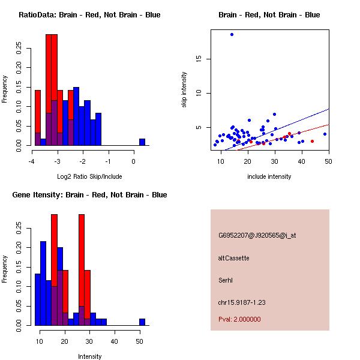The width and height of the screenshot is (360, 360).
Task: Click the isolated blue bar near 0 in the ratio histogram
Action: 142,142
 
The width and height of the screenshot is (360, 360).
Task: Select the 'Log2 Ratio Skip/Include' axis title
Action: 90,177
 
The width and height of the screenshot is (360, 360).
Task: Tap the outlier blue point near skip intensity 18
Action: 232,34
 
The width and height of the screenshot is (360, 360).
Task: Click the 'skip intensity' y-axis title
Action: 184,90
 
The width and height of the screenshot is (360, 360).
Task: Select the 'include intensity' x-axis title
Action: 269,177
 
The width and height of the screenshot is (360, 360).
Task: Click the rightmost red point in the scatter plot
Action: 312,142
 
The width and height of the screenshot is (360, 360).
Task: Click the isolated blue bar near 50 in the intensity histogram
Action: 142,322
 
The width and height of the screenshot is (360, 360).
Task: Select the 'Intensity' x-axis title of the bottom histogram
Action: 90,357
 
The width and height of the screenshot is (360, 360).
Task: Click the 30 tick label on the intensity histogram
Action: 89,341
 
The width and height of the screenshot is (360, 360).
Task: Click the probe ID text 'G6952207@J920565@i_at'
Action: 257,235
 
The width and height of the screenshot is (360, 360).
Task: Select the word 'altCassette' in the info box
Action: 233,258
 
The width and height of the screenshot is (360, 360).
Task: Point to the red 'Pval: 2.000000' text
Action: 239,319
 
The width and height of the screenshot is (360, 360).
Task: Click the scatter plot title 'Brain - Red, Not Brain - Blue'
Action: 269,14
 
